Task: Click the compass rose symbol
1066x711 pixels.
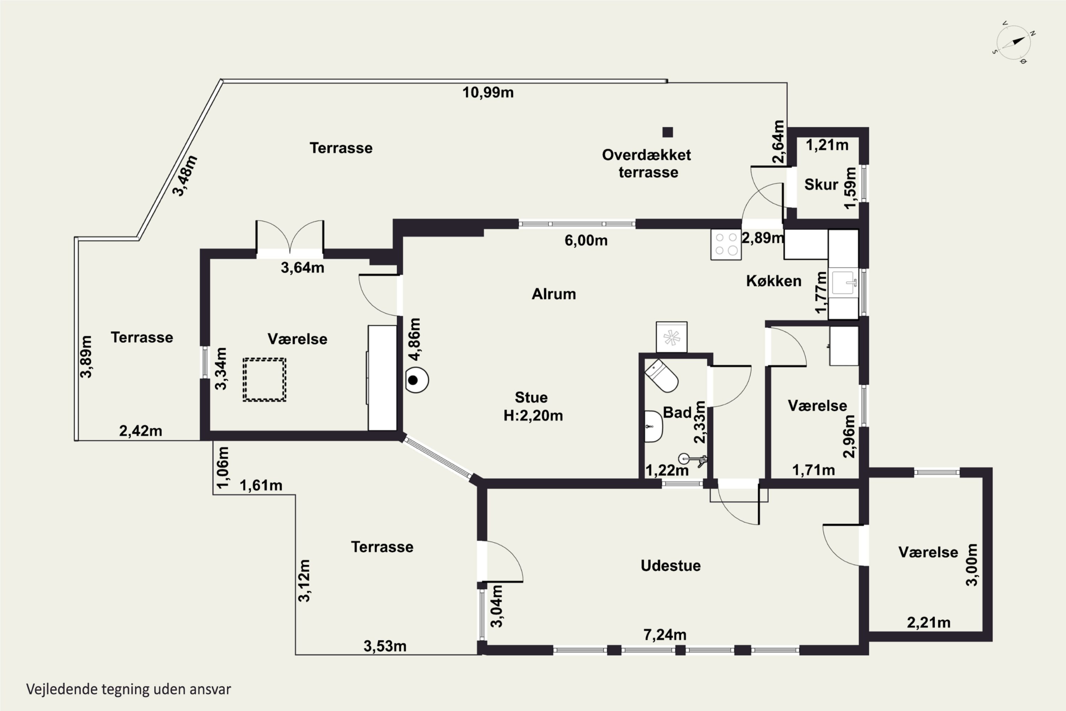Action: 1014,43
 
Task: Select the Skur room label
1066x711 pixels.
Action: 821,185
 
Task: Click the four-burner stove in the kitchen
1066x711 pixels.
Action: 726,245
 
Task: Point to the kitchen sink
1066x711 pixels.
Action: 843,283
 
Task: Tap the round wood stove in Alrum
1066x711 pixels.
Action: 416,380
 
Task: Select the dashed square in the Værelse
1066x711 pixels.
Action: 264,380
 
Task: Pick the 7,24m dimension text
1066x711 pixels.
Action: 665,635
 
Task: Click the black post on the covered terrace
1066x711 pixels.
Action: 668,132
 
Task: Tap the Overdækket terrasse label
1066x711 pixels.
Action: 647,163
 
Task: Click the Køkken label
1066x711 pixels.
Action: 774,281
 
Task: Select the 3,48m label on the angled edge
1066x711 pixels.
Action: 185,176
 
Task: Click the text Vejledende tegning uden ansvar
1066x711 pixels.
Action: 129,689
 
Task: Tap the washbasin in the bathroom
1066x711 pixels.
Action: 653,427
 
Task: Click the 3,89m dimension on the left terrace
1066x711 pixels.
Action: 86,357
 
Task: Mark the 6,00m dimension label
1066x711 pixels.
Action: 586,240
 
